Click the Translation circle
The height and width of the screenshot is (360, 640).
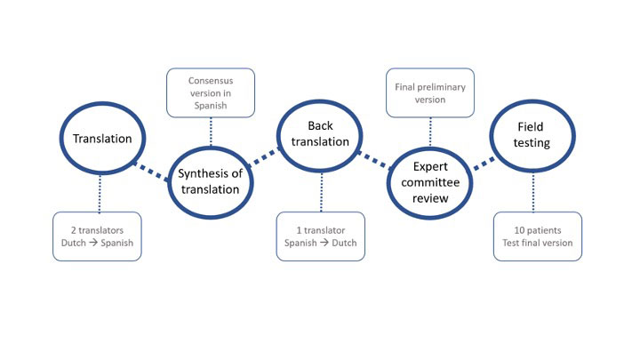101,139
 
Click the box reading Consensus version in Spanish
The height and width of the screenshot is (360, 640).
210,92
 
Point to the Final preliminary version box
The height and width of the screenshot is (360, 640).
430,92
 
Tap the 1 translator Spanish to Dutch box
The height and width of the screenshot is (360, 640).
320,236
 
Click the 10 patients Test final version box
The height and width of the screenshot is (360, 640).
537,236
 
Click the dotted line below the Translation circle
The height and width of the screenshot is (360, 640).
100,190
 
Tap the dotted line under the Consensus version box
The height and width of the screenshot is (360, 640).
210,131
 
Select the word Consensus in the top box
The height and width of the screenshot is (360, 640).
210,81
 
